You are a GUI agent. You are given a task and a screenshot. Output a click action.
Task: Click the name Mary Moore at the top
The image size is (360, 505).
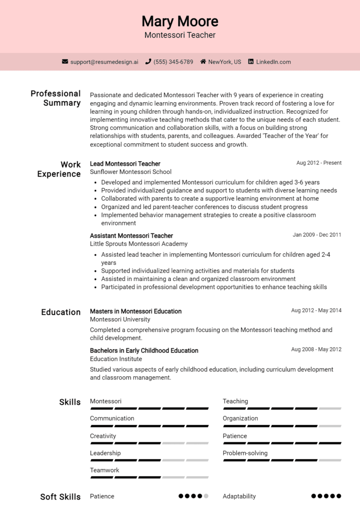pyautogui.click(x=180, y=21)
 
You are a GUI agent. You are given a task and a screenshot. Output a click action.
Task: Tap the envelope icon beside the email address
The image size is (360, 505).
pyautogui.click(x=65, y=62)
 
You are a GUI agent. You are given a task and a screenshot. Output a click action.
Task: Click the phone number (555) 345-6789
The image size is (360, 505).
pyautogui.click(x=173, y=62)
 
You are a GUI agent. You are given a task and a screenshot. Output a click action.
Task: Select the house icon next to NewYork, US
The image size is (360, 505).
pyautogui.click(x=203, y=62)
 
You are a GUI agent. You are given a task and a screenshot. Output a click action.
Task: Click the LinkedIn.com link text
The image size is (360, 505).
pyautogui.click(x=273, y=62)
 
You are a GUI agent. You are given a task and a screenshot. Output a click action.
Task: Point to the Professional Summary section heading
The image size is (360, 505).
pyautogui.click(x=56, y=98)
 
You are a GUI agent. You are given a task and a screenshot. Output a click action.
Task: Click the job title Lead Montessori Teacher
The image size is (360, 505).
pyautogui.click(x=125, y=163)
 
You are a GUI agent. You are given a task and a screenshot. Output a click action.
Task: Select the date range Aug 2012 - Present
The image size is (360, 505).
pyautogui.click(x=319, y=163)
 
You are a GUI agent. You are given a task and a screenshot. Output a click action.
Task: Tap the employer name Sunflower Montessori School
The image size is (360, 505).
pyautogui.click(x=131, y=172)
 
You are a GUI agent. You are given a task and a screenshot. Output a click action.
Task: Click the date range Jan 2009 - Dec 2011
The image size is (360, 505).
pyautogui.click(x=317, y=235)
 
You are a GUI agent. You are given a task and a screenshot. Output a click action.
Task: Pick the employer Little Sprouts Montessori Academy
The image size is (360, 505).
pyautogui.click(x=139, y=244)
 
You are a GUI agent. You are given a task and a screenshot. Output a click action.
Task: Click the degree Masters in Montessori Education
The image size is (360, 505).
pyautogui.click(x=135, y=311)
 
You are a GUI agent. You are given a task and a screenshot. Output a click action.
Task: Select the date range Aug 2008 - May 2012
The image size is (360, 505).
pyautogui.click(x=316, y=349)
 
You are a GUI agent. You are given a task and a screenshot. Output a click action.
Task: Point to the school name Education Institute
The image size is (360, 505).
pyautogui.click(x=116, y=359)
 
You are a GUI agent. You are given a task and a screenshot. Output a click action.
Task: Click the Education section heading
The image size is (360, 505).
pyautogui.click(x=61, y=312)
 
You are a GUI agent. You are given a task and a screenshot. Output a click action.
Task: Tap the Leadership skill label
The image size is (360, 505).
pyautogui.click(x=105, y=453)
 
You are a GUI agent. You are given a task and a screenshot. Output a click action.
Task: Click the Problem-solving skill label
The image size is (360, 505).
pyautogui.click(x=245, y=453)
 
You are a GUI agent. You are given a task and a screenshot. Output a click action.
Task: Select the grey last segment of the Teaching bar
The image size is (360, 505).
pyautogui.click(x=330, y=408)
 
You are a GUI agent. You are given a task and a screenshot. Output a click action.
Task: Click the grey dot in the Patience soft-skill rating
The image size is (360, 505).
pyautogui.click(x=206, y=496)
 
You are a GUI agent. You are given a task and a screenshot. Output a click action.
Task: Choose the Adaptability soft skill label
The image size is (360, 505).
pyautogui.click(x=239, y=496)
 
